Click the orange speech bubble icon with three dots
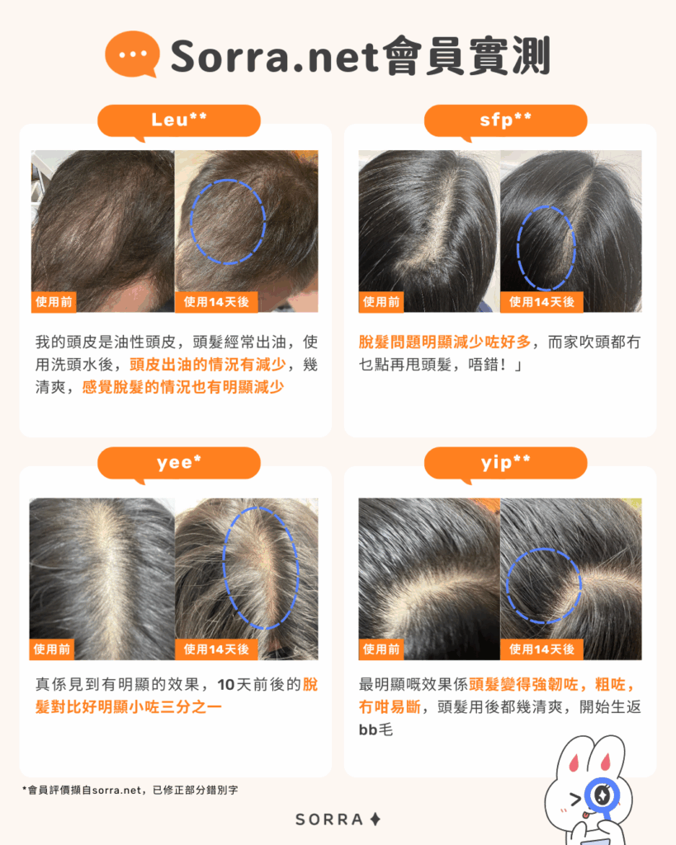coord(132,54)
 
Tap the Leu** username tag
coord(179,120)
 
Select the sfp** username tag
coord(506,120)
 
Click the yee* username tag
coord(179,464)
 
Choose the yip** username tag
coord(506,464)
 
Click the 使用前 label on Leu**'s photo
coord(54,302)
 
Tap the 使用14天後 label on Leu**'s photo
coord(216,302)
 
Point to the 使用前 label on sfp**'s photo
coord(381,302)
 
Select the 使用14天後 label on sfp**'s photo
coord(541,302)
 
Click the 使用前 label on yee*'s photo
coord(52,649)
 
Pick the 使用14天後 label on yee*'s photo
coord(216,649)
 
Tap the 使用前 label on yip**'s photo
coord(381,649)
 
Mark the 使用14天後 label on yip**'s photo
coord(541,649)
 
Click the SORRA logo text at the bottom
coord(329,819)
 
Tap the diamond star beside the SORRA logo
coord(376,819)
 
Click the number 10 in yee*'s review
coord(226,684)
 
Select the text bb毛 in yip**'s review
coord(376,729)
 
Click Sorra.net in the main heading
coord(275,56)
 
